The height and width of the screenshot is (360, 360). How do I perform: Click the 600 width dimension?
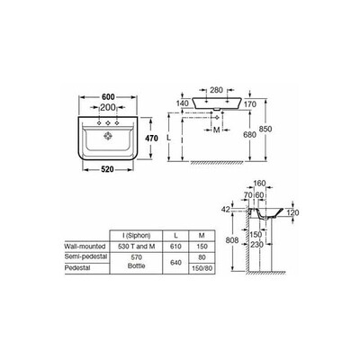(108, 97)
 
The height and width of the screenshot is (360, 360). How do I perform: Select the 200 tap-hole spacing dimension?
(108, 107)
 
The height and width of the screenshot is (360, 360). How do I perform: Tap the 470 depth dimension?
(151, 139)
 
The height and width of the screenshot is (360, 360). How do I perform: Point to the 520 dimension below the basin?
(107, 169)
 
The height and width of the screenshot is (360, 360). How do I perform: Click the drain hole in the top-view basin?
(108, 136)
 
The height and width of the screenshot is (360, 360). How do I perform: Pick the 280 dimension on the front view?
(216, 90)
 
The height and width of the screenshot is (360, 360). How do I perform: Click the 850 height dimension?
(265, 129)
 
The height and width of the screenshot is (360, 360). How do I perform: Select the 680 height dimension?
(249, 135)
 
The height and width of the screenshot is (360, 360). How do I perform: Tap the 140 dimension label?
(183, 103)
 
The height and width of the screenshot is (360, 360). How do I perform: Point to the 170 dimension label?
(250, 104)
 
